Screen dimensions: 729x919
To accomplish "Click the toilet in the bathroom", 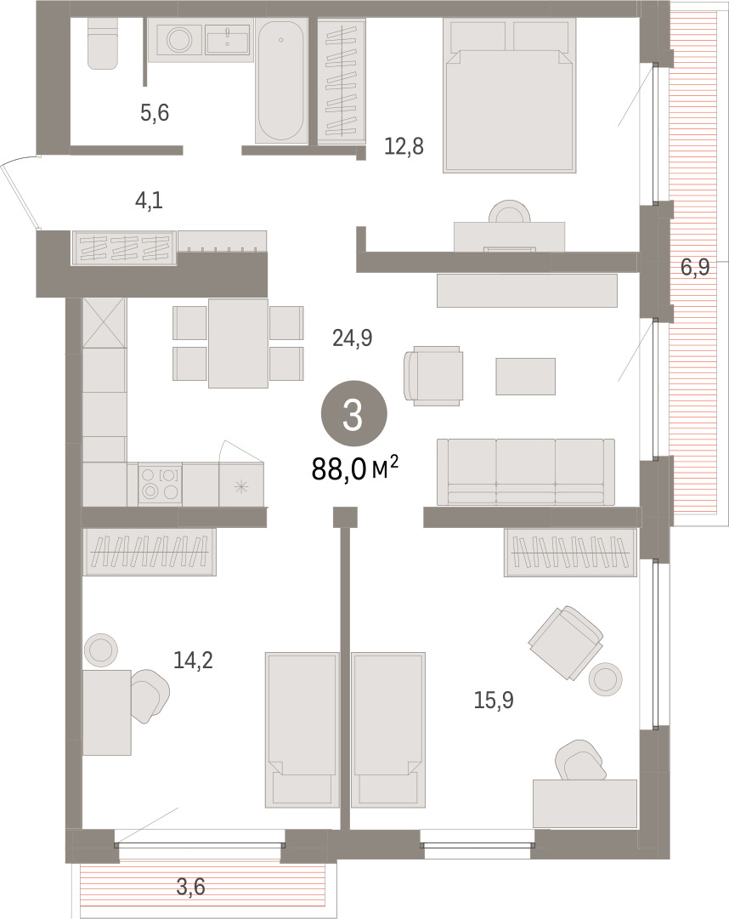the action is [x=104, y=43].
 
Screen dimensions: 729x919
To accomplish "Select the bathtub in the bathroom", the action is [x=281, y=80].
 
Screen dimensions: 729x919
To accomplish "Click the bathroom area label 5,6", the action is [x=155, y=111].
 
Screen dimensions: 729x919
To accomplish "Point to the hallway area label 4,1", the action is [x=149, y=201].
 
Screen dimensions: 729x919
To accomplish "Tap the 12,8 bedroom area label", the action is [x=404, y=145].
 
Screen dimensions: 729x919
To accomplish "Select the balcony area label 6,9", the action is [x=694, y=267].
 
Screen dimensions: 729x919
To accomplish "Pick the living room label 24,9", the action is [x=353, y=338].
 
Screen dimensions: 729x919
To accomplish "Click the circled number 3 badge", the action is [x=353, y=415].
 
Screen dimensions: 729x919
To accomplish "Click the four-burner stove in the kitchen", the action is [x=160, y=483].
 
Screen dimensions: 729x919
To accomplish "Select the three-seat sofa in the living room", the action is [x=526, y=472].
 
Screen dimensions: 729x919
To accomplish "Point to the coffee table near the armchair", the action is [x=525, y=377].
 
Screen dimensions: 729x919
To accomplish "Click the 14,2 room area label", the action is [x=193, y=661].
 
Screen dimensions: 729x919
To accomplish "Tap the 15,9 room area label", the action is [x=494, y=700].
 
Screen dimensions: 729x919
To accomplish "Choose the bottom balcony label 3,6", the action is [x=191, y=887].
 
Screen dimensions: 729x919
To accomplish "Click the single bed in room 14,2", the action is [x=302, y=729].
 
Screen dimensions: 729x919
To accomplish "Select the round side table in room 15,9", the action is [x=606, y=678].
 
